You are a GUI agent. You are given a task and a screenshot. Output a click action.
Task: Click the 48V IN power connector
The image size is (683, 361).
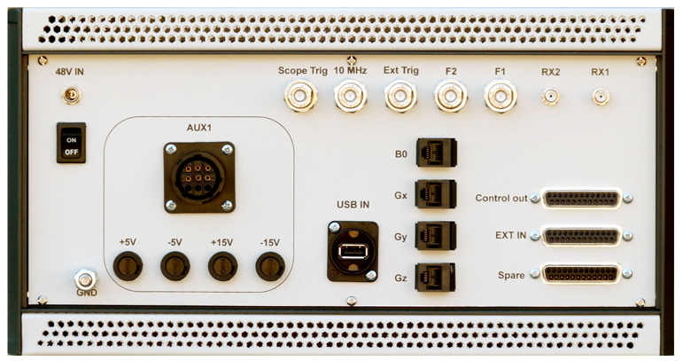point(71,95)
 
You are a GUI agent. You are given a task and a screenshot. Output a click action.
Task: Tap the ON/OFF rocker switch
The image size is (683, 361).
point(71,143)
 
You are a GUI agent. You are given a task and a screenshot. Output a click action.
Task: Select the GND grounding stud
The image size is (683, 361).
point(85,279)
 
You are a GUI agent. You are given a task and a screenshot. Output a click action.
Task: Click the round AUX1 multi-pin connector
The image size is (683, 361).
point(199,177)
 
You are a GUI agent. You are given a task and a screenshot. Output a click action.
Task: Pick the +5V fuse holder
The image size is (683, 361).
point(128,266)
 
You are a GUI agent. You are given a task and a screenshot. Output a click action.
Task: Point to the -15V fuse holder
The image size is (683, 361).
point(270,266)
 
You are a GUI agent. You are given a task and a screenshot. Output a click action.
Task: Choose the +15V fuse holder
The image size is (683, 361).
point(222,266)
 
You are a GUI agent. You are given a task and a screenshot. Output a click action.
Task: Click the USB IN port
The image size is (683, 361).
point(353,252)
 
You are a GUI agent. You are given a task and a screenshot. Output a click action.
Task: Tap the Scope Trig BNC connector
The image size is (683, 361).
point(300,96)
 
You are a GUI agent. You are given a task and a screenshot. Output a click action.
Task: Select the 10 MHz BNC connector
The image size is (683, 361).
point(351,96)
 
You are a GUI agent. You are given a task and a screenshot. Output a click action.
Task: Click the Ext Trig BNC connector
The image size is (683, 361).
point(400,96)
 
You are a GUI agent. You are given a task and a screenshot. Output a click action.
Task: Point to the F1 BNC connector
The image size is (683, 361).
point(501,96)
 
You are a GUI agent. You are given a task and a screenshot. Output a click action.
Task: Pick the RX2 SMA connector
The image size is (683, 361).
point(551,97)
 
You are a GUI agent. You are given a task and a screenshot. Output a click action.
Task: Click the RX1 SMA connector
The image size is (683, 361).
point(601,97)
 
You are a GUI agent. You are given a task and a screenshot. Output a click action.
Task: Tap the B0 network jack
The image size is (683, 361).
point(437,153)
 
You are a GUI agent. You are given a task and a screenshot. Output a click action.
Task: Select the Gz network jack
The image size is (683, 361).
point(435,278)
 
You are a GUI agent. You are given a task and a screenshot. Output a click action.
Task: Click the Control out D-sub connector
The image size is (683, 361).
point(581,199)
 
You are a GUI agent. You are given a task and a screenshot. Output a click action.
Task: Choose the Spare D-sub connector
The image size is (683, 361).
point(580,274)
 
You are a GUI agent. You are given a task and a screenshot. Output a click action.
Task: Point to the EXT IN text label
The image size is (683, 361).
point(511,235)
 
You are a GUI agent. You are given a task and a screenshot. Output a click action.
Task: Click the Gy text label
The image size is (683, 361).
point(400,237)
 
